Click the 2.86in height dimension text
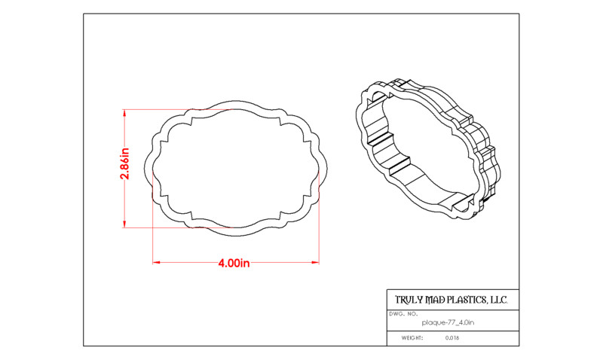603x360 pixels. (x=125, y=163)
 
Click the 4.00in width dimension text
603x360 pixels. (x=234, y=263)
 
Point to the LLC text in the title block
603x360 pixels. (x=499, y=300)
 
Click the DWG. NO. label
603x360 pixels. (x=403, y=314)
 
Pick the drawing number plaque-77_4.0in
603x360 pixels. (x=448, y=323)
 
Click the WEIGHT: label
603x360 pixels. (x=412, y=338)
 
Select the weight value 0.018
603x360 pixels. (x=452, y=338)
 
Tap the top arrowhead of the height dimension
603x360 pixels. (x=124, y=112)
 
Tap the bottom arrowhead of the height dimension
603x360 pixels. (x=124, y=224)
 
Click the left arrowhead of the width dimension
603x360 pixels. (x=156, y=262)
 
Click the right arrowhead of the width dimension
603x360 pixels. (x=316, y=262)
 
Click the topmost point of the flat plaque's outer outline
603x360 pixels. (x=236, y=101)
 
